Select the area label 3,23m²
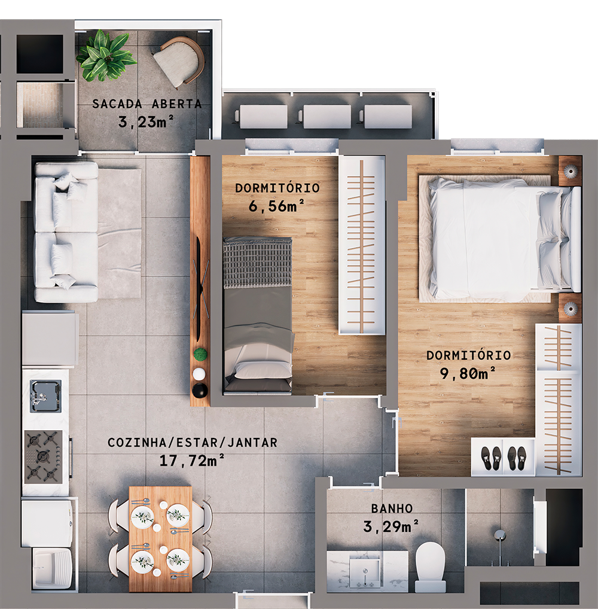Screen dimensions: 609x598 pos(147,123)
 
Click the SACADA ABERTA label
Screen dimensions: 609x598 pos(147,103)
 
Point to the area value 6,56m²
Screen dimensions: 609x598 pos(277,206)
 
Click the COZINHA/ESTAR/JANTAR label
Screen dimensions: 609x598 pos(193,443)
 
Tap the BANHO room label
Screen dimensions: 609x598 pos(392,508)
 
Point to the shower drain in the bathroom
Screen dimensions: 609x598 pos(499,534)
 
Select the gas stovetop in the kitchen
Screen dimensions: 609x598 pos(44,456)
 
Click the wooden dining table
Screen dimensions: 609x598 pos(160,538)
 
